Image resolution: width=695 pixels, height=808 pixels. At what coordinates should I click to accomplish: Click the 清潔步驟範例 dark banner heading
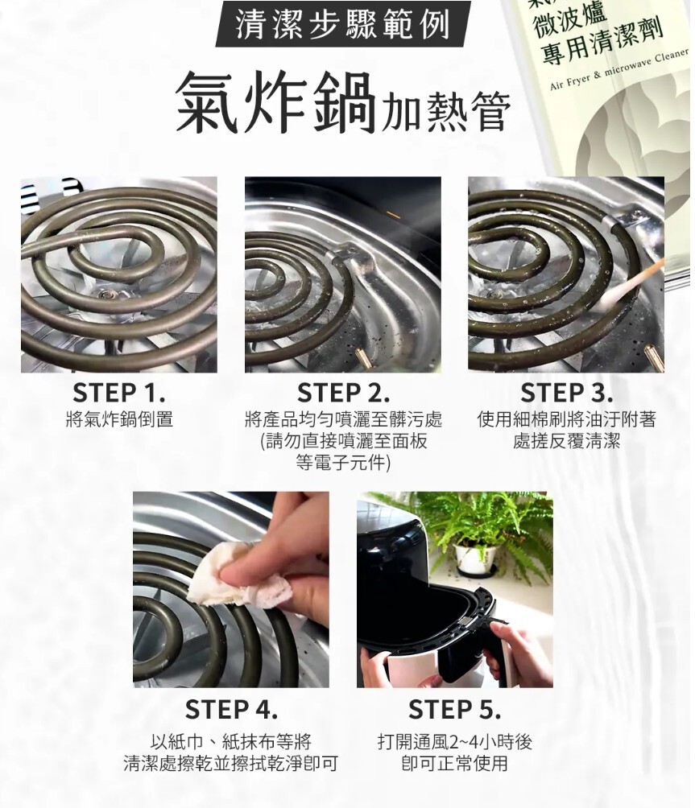pos(343,24)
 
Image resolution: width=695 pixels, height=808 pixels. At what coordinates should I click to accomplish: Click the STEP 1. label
pos(119,394)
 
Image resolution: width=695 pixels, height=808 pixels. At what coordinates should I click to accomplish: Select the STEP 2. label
pos(343,394)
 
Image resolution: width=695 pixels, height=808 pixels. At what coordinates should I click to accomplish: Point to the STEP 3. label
pos(567,394)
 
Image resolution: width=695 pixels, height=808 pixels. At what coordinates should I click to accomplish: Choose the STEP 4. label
pos(231,709)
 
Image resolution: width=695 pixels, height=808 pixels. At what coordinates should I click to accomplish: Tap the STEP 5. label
pos(455,709)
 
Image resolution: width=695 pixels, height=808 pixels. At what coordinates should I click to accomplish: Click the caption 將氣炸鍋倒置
pos(120,419)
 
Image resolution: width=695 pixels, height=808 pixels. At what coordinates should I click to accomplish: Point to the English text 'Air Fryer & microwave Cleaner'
pos(618,69)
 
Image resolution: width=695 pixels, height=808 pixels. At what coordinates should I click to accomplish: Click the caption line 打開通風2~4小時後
pos(455,741)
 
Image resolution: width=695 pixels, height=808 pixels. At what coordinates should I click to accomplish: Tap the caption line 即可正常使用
pos(455,763)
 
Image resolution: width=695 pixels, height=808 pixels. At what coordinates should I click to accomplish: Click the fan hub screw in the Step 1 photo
pos(107,295)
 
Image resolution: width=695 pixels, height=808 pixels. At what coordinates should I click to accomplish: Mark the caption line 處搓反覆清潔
pos(567,441)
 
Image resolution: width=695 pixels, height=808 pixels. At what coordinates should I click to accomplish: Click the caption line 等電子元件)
pos(343,463)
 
